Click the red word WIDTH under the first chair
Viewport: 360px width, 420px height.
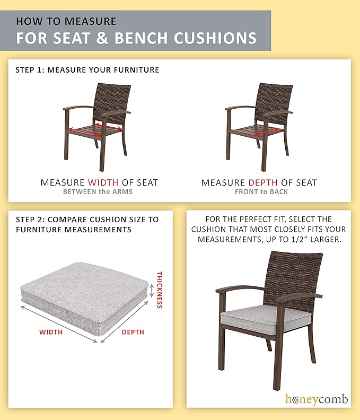pos(103,182)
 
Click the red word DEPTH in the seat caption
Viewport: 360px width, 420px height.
pos(263,182)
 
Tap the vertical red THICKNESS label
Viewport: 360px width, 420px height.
pos(160,290)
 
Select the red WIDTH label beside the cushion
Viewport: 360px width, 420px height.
pos(51,332)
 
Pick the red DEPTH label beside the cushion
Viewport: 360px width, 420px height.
pos(133,332)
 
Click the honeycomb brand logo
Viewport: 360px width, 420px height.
pos(317,399)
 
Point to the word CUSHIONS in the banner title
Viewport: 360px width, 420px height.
pos(215,38)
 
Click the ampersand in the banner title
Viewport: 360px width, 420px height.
pos(102,38)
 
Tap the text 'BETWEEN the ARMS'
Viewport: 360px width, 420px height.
pos(98,192)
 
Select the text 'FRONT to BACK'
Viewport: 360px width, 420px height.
pos(261,192)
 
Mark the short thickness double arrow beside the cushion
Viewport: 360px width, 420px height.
pos(152,291)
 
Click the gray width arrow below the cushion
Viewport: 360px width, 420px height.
pos(59,324)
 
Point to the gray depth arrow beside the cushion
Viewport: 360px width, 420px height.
pos(124,322)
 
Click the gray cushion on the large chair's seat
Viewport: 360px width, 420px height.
pos(266,319)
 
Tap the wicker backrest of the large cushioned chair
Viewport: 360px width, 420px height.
pos(293,278)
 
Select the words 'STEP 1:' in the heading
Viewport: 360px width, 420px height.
pos(30,70)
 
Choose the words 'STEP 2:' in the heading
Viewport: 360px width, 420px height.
pos(31,220)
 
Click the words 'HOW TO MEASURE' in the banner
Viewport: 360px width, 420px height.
pos(66,21)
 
